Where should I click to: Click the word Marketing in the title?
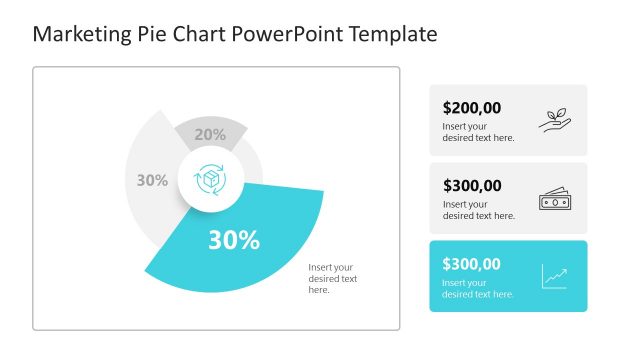click(x=80, y=35)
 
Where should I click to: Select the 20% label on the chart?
click(x=210, y=134)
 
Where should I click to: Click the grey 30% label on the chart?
click(x=152, y=181)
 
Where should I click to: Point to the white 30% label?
click(x=234, y=240)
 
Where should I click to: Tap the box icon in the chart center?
click(x=211, y=180)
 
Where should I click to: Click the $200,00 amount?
click(x=472, y=108)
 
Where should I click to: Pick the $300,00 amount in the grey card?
click(x=472, y=185)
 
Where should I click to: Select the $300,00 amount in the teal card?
click(x=472, y=264)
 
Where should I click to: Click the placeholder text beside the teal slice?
click(x=332, y=278)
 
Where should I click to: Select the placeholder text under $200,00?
click(x=478, y=132)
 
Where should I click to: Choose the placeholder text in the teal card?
click(x=478, y=288)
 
